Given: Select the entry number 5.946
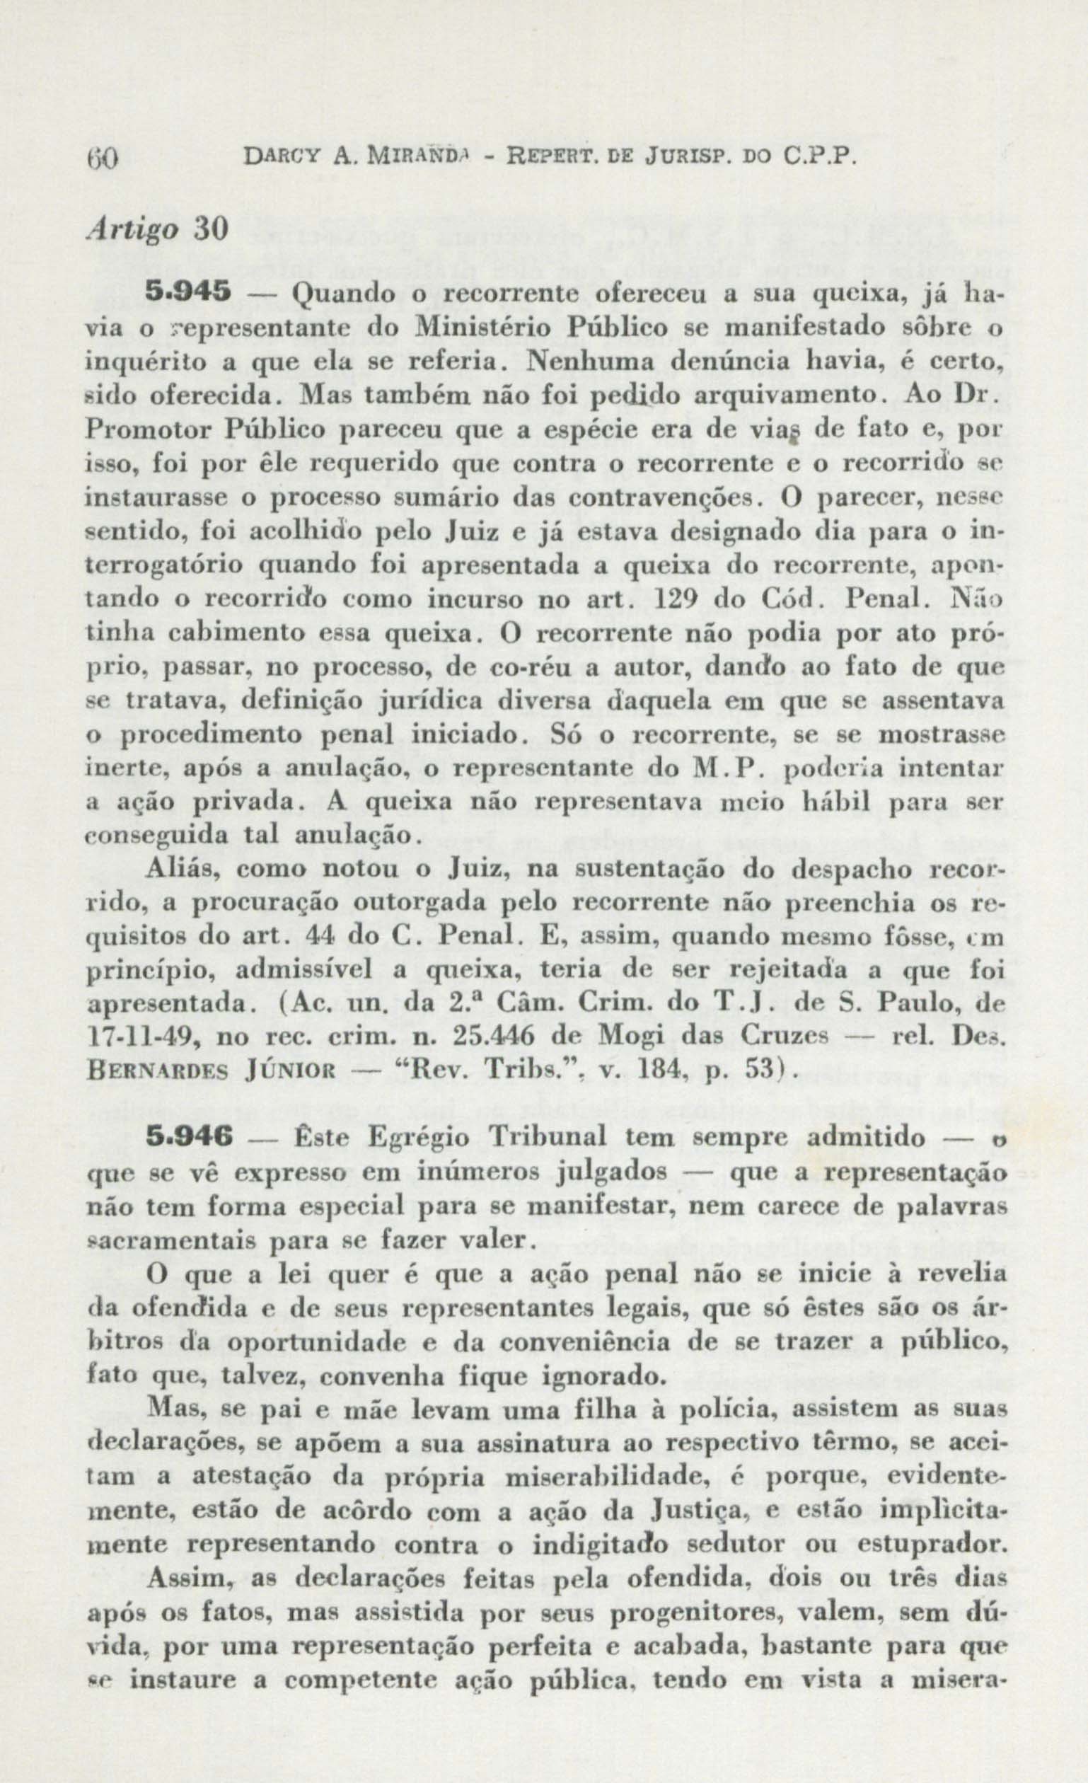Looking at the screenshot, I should (x=187, y=1138).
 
